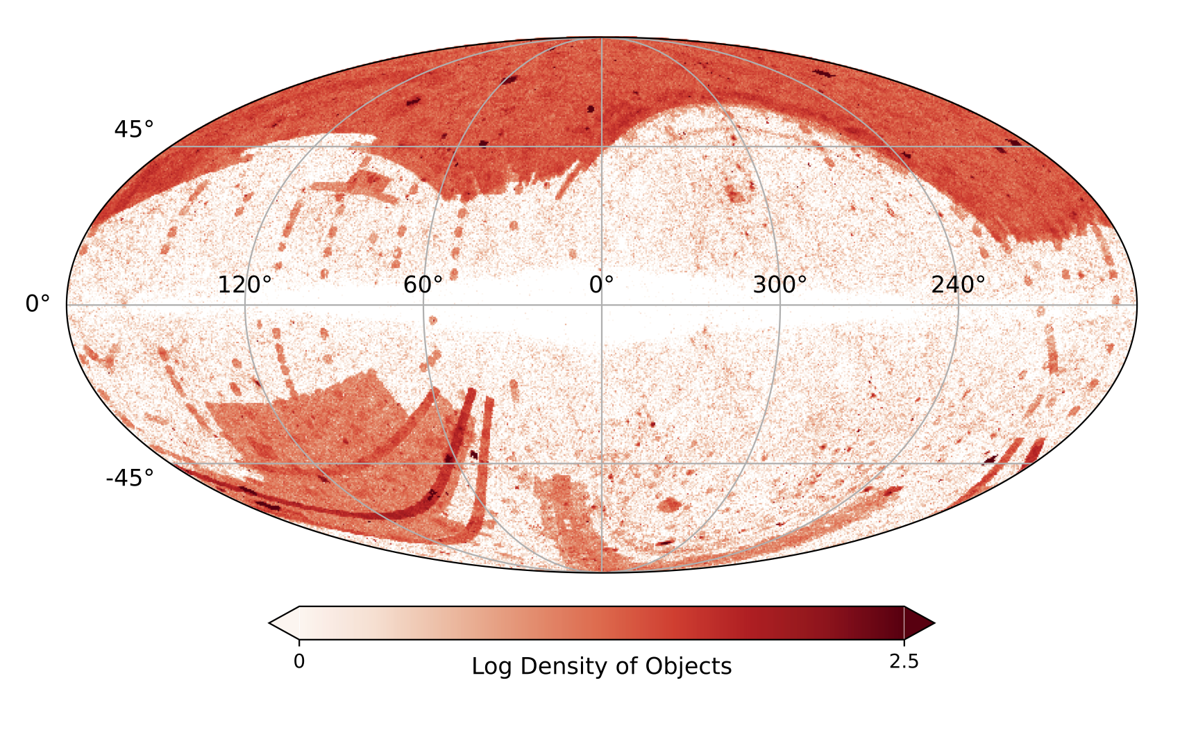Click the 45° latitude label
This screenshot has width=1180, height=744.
[134, 130]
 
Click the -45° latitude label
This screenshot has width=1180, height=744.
[130, 479]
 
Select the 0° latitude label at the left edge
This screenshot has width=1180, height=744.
[37, 304]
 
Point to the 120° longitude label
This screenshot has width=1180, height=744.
[244, 285]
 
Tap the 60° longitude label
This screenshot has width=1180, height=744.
[423, 285]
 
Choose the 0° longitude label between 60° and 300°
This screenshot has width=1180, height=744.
[601, 285]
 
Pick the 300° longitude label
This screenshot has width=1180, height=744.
[779, 285]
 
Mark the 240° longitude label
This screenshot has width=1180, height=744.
[958, 285]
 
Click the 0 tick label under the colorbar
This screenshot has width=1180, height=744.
[298, 662]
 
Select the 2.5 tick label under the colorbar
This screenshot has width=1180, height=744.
[904, 662]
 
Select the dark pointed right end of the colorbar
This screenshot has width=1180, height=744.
[920, 622]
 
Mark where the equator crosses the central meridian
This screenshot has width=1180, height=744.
[602, 305]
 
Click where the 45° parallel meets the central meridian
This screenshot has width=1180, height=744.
[602, 147]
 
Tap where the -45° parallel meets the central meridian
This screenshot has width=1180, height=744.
[602, 463]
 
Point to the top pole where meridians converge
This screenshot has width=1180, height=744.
[602, 38]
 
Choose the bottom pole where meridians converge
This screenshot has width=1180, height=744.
[602, 572]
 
